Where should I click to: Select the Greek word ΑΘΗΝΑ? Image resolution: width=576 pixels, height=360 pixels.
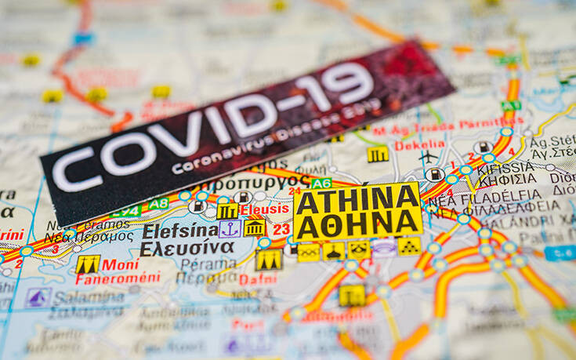tap(358, 224)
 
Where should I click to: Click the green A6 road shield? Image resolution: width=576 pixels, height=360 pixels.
tap(321, 184)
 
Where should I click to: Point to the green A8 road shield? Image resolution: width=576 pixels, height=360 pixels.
tap(158, 204)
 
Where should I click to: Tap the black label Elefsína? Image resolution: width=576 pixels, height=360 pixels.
tap(179, 231)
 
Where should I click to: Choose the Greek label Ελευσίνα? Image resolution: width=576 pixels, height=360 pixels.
tap(187, 249)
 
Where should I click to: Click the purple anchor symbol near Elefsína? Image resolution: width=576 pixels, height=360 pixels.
tap(229, 229)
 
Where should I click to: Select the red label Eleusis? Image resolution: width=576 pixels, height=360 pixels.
tap(264, 209)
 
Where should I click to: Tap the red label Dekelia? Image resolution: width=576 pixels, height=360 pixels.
tap(419, 145)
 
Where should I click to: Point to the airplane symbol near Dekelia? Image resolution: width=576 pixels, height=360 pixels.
tap(428, 158)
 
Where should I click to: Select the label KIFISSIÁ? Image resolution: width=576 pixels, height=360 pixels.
tap(506, 168)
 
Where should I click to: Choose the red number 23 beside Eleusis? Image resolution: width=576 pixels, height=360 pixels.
tap(281, 229)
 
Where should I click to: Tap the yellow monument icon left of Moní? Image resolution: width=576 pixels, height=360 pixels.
tap(88, 265)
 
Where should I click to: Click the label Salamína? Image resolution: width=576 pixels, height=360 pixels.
tap(89, 297)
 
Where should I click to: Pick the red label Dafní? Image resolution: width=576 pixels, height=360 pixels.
tap(258, 278)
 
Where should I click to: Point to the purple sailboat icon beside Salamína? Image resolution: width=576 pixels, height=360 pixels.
tap(38, 297)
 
